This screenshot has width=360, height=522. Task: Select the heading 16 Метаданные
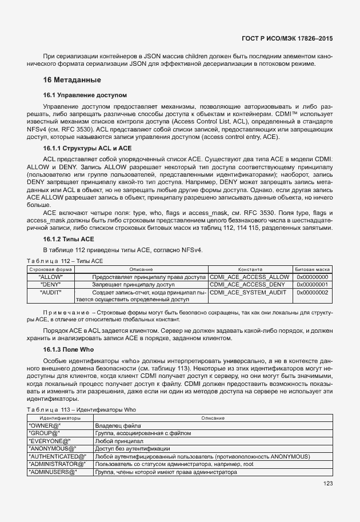coord(72,79)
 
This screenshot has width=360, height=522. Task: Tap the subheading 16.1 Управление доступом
coord(85,94)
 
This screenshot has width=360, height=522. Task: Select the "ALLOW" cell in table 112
coord(51,277)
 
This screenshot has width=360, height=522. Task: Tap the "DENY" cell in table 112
coord(51,284)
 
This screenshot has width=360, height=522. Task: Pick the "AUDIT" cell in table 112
coord(51,292)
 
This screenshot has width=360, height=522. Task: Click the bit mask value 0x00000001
coord(313,284)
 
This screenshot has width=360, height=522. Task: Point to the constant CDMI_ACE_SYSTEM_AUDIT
coord(248,292)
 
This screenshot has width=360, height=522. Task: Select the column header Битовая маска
coord(313,269)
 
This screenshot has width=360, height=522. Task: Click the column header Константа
coord(250,269)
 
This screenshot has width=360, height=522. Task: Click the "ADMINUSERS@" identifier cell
coord(52,472)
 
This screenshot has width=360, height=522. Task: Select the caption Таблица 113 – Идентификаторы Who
coord(82,410)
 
